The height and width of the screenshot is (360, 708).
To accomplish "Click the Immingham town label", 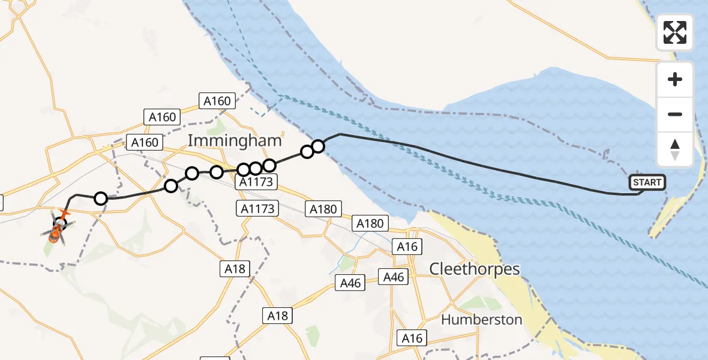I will click(x=235, y=141).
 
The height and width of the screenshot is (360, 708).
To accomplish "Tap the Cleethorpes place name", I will click(x=475, y=268).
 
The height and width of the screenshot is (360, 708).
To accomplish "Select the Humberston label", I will click(x=482, y=319).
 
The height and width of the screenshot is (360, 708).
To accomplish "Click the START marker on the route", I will click(x=647, y=182).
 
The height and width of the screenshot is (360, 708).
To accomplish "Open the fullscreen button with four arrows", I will click(x=675, y=32).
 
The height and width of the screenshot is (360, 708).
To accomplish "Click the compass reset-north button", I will click(x=675, y=149).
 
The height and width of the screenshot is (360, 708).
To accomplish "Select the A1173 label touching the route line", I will click(x=256, y=181).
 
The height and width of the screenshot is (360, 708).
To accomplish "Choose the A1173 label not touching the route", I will click(x=259, y=209).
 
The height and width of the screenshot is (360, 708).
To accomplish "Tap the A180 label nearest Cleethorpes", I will click(x=370, y=224).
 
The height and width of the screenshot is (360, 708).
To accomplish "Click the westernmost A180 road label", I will click(x=323, y=209).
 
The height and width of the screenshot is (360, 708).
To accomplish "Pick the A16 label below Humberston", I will click(x=412, y=338).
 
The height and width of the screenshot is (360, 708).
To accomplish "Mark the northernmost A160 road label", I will click(x=217, y=101).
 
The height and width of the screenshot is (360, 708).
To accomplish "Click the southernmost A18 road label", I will click(x=278, y=316).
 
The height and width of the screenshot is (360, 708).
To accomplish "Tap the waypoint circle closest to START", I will click(x=318, y=146).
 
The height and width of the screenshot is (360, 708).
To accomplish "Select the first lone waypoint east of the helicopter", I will click(x=101, y=198).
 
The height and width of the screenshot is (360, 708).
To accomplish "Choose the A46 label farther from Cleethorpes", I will click(x=350, y=283).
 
